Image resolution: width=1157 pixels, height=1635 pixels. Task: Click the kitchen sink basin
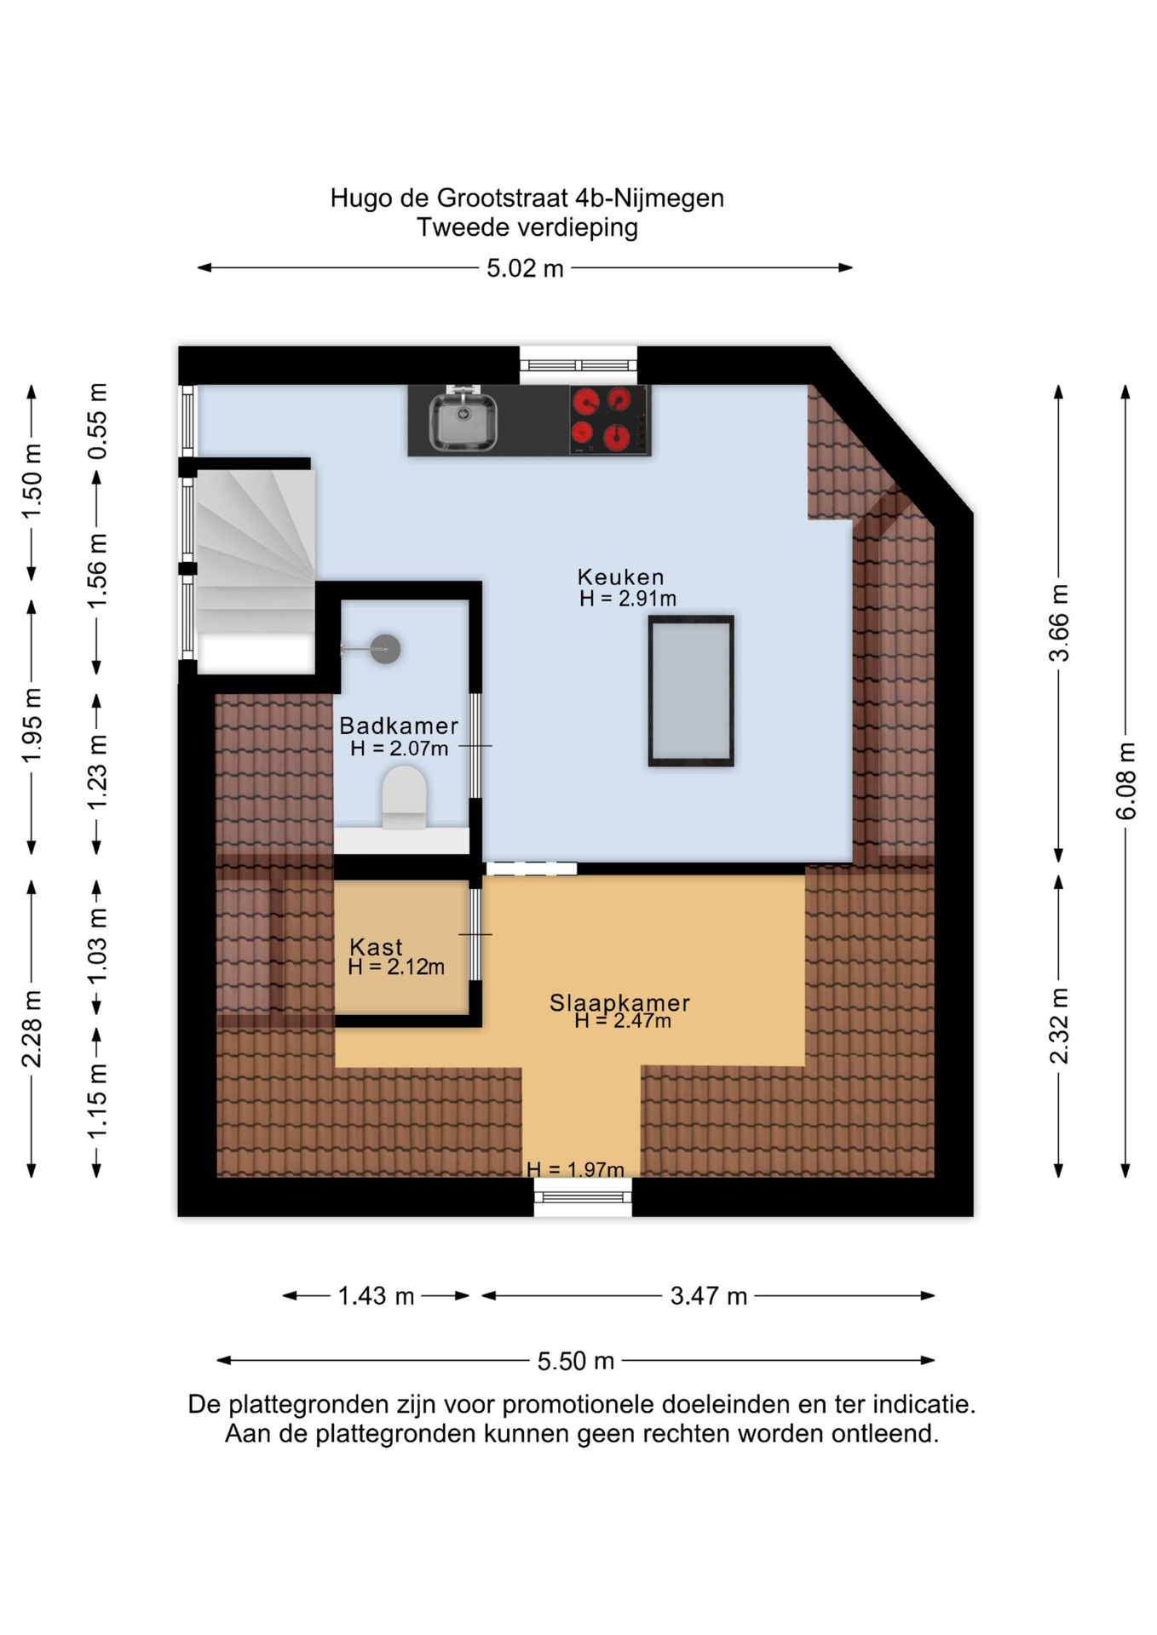click(x=463, y=421)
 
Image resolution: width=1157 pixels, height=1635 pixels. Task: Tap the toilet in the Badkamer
click(x=404, y=798)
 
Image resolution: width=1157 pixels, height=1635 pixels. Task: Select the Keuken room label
click(x=620, y=577)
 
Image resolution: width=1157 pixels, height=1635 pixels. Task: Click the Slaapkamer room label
click(x=619, y=1002)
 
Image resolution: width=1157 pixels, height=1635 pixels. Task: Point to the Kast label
click(x=376, y=947)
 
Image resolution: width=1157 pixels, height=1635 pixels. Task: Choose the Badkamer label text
click(x=399, y=726)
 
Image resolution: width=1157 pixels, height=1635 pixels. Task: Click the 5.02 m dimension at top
click(x=525, y=268)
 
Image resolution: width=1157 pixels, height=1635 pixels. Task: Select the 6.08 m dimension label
click(x=1125, y=781)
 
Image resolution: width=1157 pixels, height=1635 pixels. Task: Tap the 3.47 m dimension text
click(x=708, y=1296)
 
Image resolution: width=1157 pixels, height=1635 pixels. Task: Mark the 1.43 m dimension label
click(x=376, y=1296)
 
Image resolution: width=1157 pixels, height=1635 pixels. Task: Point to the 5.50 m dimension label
click(x=575, y=1361)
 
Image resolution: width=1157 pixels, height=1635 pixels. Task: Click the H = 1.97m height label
click(x=575, y=1169)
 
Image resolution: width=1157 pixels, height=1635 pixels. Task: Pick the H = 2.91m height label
click(x=628, y=599)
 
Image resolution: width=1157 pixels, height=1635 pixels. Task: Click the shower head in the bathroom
click(x=385, y=649)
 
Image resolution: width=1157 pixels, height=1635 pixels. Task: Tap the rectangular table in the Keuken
click(x=691, y=691)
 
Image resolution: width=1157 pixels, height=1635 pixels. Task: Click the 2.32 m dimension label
click(x=1058, y=1025)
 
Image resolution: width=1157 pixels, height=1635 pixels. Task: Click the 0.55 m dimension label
click(x=98, y=422)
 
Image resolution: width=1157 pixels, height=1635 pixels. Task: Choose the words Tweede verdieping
click(x=527, y=227)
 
